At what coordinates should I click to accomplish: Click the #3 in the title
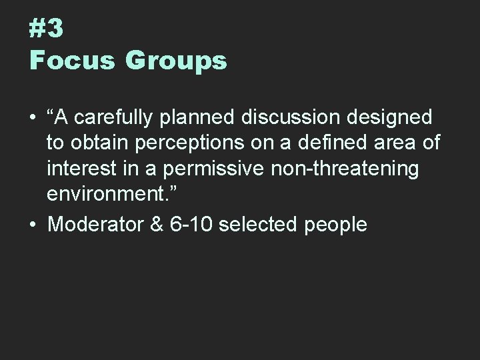[x=46, y=28]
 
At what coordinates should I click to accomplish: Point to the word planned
[x=204, y=118]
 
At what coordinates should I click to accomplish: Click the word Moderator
[x=95, y=224]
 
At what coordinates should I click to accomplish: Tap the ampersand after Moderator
[x=157, y=224]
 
